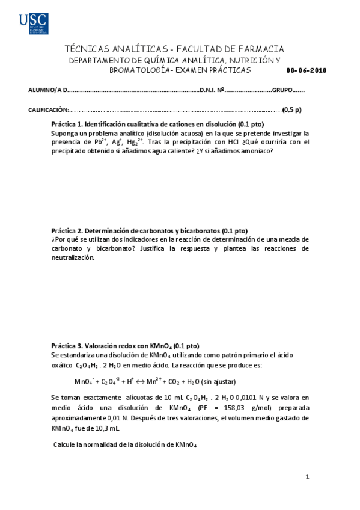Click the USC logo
click(x=33, y=23)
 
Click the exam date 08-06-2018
click(x=307, y=70)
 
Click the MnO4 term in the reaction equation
click(x=85, y=382)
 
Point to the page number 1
click(x=307, y=478)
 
